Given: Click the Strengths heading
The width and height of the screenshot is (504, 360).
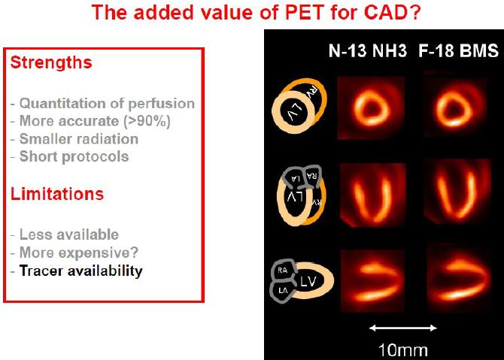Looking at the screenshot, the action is (51, 63).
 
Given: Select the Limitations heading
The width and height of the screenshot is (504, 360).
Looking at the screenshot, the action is (57, 194).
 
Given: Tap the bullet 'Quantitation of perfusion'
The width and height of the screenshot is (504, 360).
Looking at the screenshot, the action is (107, 104).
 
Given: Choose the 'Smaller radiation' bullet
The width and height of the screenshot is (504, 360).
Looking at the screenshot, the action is (79, 139).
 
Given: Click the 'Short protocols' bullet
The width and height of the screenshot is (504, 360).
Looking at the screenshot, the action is (74, 157).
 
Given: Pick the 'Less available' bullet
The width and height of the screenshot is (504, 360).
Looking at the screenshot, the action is (69, 234).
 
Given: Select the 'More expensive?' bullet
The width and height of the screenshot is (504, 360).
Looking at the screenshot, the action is (79, 253).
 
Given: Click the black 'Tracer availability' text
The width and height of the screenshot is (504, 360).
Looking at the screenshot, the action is (81, 271).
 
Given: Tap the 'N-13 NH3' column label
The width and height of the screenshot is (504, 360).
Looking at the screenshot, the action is (368, 51).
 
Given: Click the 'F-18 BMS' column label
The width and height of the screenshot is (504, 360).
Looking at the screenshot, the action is (458, 51).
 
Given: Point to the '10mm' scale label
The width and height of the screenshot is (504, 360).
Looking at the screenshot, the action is (403, 350).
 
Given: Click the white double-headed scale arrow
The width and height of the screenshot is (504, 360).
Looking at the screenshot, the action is (403, 328).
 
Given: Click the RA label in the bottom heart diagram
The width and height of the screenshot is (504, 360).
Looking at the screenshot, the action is (282, 271).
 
